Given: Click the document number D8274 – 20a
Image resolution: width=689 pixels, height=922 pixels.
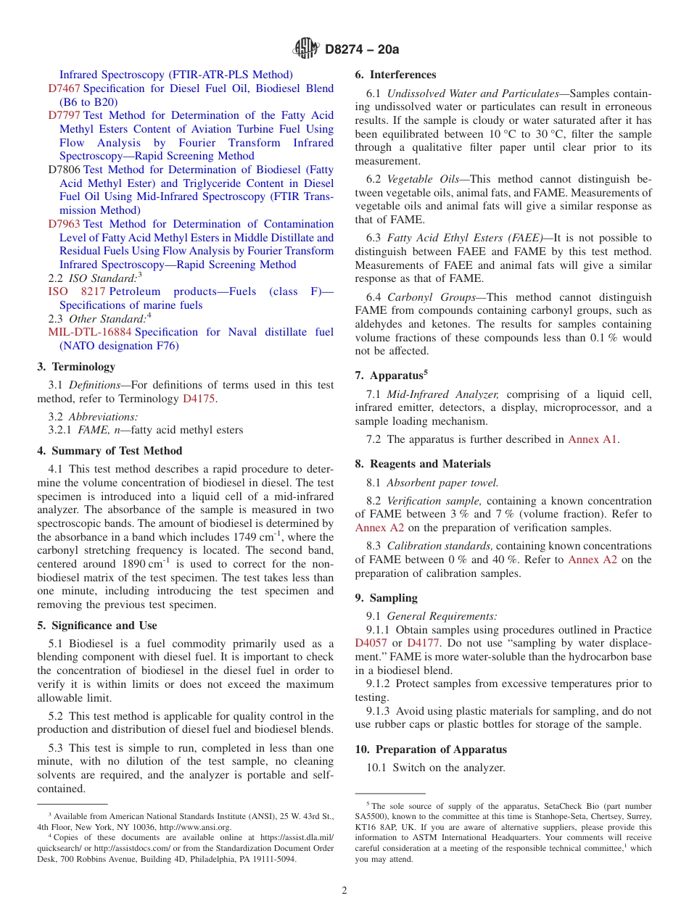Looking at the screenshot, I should click(x=362, y=49).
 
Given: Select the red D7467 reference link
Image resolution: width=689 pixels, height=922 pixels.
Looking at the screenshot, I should click(x=64, y=88).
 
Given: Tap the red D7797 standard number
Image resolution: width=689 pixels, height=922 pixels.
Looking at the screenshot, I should click(x=64, y=115).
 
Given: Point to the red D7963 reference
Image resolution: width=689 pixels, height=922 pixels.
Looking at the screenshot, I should click(x=64, y=224).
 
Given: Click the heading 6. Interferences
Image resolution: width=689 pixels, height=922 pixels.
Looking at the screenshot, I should click(x=395, y=75).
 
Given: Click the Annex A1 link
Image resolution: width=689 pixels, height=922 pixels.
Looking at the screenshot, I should click(x=593, y=439).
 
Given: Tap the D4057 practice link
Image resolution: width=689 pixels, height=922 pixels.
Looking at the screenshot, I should click(x=371, y=644).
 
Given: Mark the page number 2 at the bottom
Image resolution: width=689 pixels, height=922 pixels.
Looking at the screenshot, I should click(x=344, y=891).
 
